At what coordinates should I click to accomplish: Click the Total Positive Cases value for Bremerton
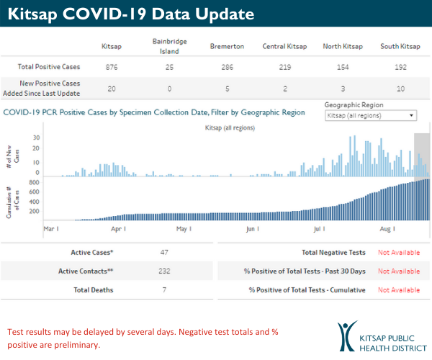pos(227,67)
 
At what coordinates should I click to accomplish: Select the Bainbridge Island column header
pos(170,46)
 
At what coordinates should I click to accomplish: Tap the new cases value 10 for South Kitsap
pos(400,89)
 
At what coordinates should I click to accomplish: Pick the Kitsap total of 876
pos(111,67)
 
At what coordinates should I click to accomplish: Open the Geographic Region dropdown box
pos(371,115)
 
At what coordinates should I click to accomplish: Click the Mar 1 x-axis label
pos(51,229)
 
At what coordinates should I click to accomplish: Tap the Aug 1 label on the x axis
pos(387,229)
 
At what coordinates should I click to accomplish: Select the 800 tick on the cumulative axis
pos(33,183)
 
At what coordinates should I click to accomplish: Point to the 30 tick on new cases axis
pos(35,138)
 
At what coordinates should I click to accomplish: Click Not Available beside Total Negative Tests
pos(398,253)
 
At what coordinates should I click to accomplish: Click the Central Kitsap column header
pos(284,47)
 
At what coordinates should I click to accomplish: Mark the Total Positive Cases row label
pos(49,67)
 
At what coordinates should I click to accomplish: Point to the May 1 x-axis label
pos(184,229)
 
